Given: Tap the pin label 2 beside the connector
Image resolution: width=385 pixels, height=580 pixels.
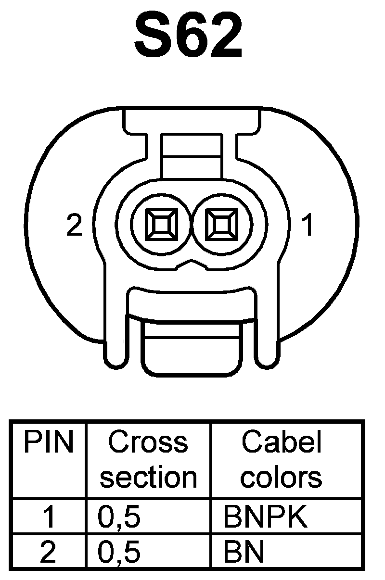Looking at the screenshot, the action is (x=75, y=225).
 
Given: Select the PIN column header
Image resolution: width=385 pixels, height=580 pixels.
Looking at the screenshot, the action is (x=49, y=442).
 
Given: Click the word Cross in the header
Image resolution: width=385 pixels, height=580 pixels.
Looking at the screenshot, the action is (x=148, y=442).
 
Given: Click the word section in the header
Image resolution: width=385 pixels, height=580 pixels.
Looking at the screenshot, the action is (x=148, y=477).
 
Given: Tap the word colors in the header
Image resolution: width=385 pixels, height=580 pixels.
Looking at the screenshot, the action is (x=281, y=477).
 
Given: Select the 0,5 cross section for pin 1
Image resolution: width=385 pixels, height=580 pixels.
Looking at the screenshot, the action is (x=119, y=517).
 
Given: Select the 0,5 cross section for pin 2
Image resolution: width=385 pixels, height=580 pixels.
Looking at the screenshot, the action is (x=119, y=553).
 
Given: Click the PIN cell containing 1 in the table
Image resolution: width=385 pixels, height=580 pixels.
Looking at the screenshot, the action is (x=49, y=517).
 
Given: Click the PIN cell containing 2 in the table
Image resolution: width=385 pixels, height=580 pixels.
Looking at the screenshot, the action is (x=49, y=553).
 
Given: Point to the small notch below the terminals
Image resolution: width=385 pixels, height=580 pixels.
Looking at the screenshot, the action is (x=192, y=264).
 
